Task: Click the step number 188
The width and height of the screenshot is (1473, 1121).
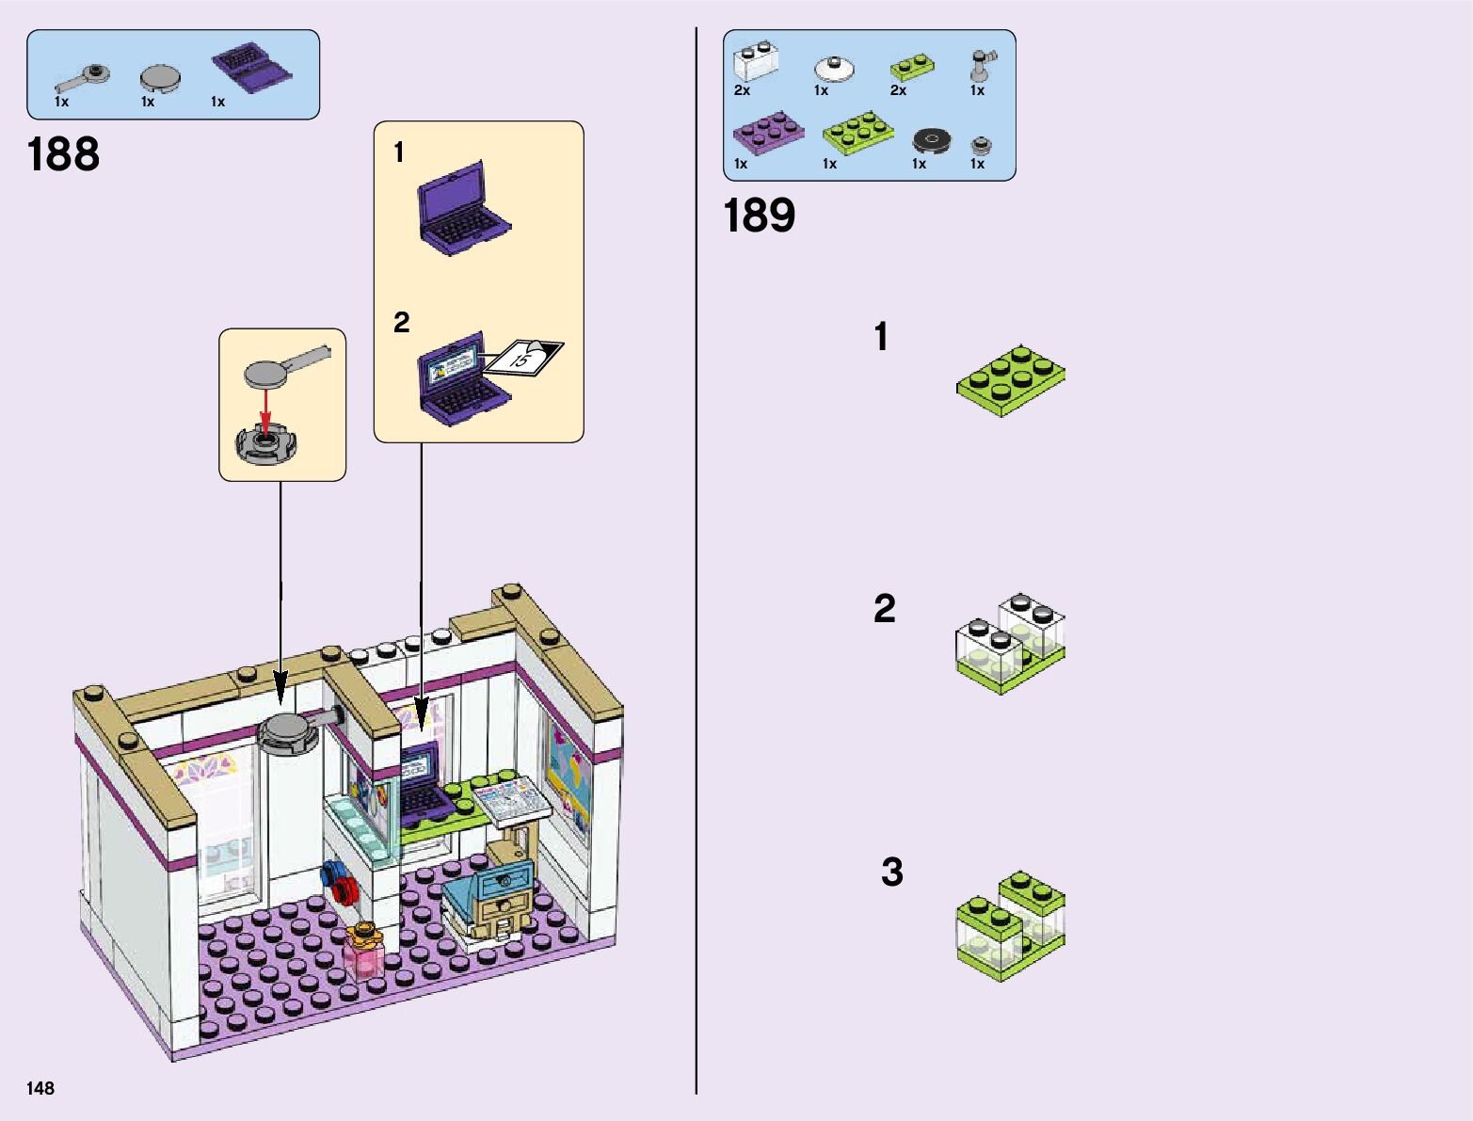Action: [63, 154]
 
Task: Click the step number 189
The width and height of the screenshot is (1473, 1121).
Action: [759, 216]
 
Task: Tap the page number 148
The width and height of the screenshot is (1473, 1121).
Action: [40, 1088]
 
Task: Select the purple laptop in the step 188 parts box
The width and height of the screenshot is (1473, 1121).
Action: [250, 69]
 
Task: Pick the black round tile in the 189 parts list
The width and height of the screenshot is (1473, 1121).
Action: [933, 141]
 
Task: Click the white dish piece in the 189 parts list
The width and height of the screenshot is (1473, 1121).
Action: [834, 69]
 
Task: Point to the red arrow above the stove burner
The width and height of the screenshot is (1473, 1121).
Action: [266, 408]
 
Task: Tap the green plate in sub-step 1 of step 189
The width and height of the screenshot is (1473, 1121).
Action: [1011, 379]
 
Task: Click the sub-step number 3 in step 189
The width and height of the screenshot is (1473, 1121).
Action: [891, 872]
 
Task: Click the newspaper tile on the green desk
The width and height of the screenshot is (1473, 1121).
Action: [511, 800]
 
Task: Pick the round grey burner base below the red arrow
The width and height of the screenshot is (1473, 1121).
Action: [265, 444]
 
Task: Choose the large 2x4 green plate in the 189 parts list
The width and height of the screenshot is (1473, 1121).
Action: [857, 133]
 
